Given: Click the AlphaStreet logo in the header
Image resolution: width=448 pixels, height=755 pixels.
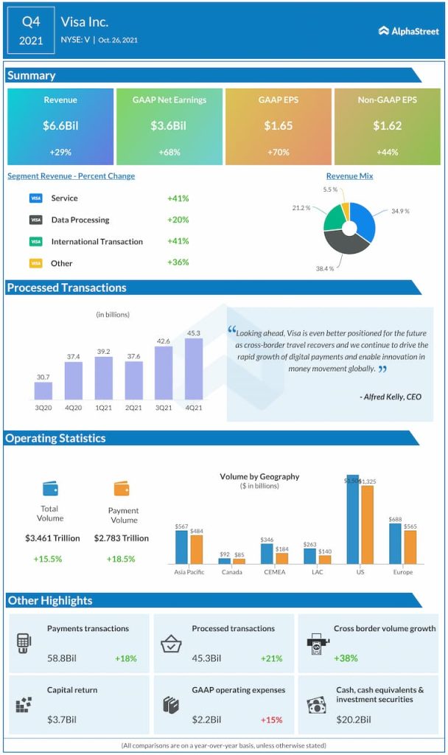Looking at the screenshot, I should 408,31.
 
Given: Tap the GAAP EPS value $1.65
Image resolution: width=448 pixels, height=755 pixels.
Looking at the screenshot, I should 279,126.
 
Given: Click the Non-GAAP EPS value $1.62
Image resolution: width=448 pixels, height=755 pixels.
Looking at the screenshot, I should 387,126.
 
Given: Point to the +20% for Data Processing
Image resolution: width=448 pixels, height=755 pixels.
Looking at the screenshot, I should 178,220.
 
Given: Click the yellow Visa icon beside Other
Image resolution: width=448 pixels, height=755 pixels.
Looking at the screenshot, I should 35,263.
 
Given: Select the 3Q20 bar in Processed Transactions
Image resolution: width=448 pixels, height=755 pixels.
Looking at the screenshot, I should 43,391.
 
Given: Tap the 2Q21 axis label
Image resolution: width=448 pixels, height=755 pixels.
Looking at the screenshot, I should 134,408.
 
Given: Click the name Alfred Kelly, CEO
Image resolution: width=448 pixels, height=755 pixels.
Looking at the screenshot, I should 391,397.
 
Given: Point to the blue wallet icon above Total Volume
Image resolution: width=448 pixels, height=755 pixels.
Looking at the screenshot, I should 50,488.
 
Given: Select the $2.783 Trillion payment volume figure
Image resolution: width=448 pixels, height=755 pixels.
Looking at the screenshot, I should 122,538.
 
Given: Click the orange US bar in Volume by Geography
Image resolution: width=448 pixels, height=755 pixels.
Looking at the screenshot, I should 367,524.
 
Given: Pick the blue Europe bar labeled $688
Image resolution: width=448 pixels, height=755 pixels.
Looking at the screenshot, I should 396,543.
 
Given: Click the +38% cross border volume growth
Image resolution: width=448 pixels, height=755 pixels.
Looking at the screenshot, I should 346,658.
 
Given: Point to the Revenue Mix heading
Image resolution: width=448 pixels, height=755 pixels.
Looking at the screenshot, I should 349,176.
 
